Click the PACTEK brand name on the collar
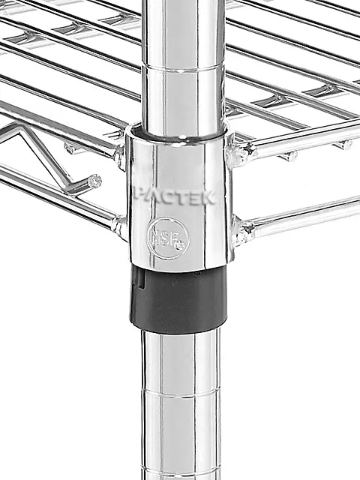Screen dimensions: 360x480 coord(175,197)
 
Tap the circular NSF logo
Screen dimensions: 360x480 coord(168,238)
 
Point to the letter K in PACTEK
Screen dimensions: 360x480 coord(208,198)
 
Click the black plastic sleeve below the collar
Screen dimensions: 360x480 coord(179,298)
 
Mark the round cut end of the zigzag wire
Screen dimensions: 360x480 coord(94,181)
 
